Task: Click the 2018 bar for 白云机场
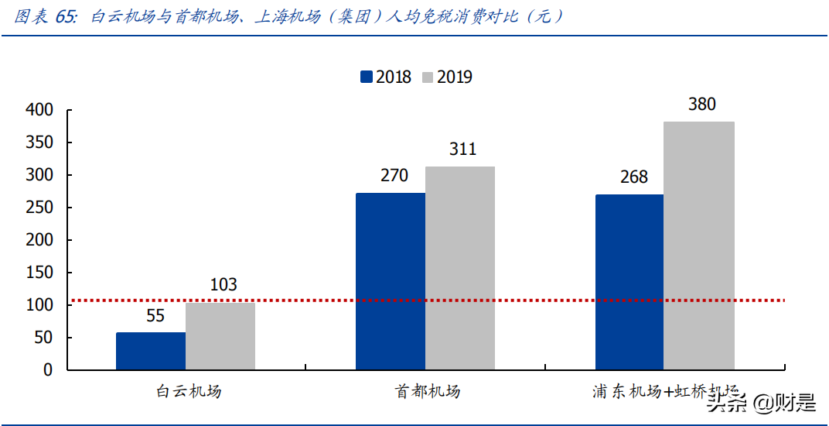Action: coord(151,351)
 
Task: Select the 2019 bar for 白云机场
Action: coord(220,336)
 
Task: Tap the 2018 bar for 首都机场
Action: coord(391,281)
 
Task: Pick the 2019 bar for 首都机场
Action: coord(460,268)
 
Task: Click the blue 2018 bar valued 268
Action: coord(629,282)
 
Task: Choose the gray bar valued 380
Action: coord(699,246)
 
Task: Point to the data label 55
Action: coord(155,316)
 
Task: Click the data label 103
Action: coord(223,285)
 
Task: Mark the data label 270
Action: coord(394,176)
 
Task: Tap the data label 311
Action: coord(462,149)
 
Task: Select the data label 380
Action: coord(701,105)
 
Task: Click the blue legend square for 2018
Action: coord(366,77)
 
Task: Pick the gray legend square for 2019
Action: coord(428,77)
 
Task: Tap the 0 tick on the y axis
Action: coord(48,370)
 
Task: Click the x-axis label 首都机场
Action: coord(427,391)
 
